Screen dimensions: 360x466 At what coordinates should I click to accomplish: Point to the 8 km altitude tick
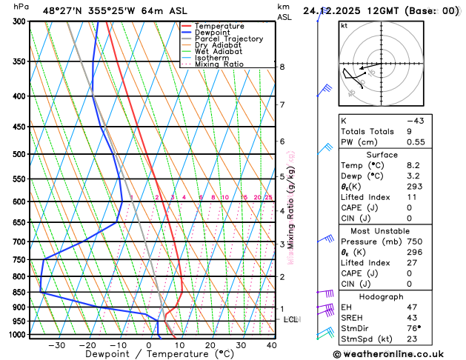[x=282, y=67]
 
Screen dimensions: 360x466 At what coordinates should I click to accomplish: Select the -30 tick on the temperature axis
[x=56, y=345]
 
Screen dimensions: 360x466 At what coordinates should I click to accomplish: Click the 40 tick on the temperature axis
[x=271, y=345]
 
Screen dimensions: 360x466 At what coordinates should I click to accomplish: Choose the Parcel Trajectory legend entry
[x=228, y=39]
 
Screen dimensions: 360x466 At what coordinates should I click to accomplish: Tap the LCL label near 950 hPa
[x=291, y=319]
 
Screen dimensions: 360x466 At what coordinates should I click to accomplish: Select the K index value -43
[x=415, y=120]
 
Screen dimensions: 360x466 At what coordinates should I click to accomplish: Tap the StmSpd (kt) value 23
[x=413, y=339]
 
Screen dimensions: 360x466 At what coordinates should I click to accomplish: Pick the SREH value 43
[x=413, y=318]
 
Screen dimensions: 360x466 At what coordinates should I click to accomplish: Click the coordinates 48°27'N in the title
[x=64, y=11]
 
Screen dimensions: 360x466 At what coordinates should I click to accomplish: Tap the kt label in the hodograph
[x=344, y=26]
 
